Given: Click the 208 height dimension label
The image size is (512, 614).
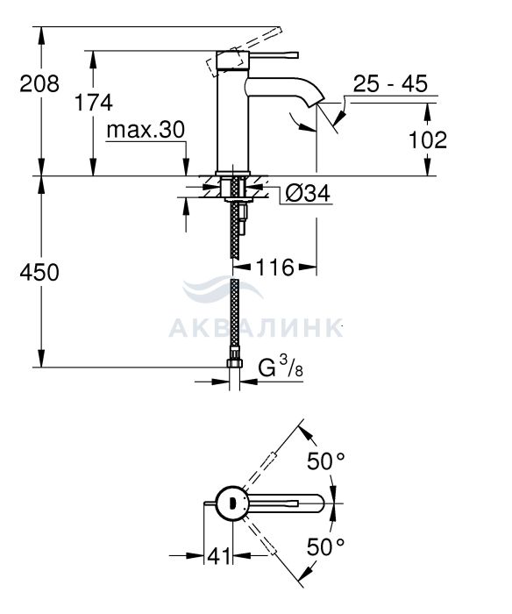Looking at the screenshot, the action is tap(39, 84).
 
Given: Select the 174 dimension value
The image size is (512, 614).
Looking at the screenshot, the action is tap(94, 103).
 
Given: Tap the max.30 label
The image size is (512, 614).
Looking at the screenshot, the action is tap(146, 130).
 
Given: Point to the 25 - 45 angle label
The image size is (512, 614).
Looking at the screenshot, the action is tap(390, 83).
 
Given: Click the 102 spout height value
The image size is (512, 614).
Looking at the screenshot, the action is tap(428, 139).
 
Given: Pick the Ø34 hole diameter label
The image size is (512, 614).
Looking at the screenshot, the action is tap(308, 193).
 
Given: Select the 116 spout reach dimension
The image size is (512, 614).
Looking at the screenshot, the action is tap(274, 268).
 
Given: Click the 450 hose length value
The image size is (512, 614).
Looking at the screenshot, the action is tap(39, 272).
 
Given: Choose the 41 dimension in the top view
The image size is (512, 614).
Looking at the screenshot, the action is tap(219, 555).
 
